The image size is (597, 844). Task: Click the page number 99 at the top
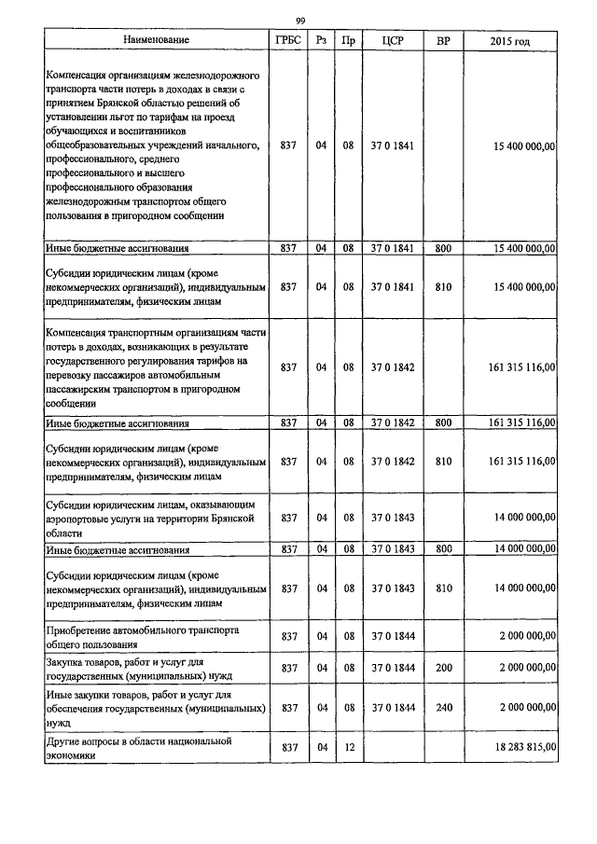300,21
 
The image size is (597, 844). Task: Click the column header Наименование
157,41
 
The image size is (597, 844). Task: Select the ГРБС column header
287,41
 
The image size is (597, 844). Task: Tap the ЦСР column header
392,41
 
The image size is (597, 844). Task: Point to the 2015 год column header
510,41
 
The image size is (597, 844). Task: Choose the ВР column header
443,41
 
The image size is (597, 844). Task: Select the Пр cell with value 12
348,747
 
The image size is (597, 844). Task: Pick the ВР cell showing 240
443,709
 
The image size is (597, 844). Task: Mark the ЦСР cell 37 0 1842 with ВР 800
392,423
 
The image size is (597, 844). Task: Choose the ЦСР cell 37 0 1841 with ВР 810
392,288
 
